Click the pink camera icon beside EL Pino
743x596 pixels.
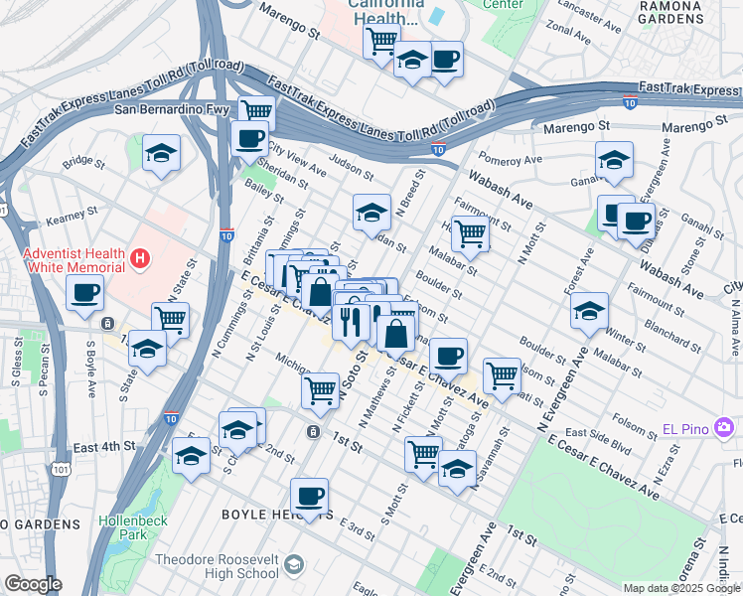coord(725,428)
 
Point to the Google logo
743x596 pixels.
coord(33,584)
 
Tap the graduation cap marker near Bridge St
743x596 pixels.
coord(161,154)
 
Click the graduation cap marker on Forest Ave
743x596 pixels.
coord(589,311)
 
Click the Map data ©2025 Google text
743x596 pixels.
coord(680,588)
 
